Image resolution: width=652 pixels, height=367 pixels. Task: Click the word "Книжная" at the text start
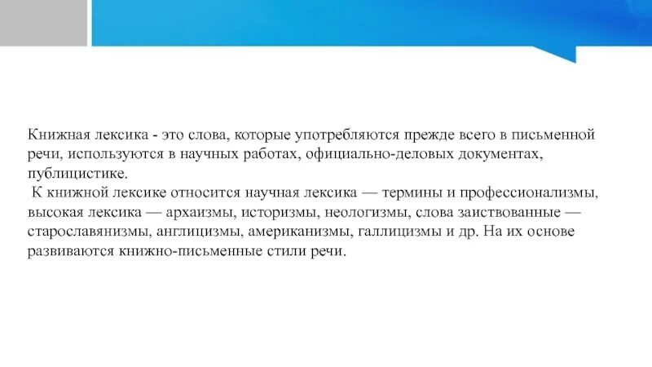[56, 134]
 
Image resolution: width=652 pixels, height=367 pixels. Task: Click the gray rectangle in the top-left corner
[43, 22]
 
